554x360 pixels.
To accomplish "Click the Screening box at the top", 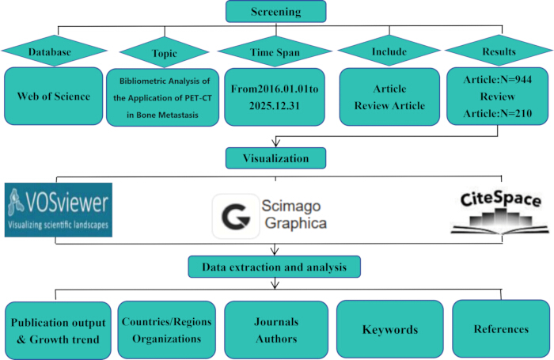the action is tap(276, 11).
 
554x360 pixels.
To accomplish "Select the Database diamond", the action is tap(54, 51).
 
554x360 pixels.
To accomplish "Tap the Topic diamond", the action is tap(165, 52).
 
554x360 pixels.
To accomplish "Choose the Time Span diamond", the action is tap(275, 51).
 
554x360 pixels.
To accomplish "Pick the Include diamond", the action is tap(389, 51).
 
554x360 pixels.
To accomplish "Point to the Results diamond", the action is tap(499, 51).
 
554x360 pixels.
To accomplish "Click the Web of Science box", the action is tap(54, 96).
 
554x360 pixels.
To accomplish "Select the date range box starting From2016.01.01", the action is tap(275, 97).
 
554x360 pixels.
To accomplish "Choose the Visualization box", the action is tap(276, 158).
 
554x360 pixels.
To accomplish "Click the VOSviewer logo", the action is tap(59, 210).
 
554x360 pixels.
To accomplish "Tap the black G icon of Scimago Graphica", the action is tap(236, 216).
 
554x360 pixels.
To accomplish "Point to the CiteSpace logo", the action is tap(500, 213).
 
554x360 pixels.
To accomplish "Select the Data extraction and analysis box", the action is tap(275, 267).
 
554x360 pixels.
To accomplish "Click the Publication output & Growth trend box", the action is tap(59, 331).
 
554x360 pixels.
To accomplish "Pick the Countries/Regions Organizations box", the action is tap(167, 330).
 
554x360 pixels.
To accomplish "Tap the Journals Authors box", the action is tap(276, 330).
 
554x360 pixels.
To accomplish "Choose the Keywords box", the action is tap(390, 329).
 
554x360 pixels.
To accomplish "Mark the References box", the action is tap(501, 329).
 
